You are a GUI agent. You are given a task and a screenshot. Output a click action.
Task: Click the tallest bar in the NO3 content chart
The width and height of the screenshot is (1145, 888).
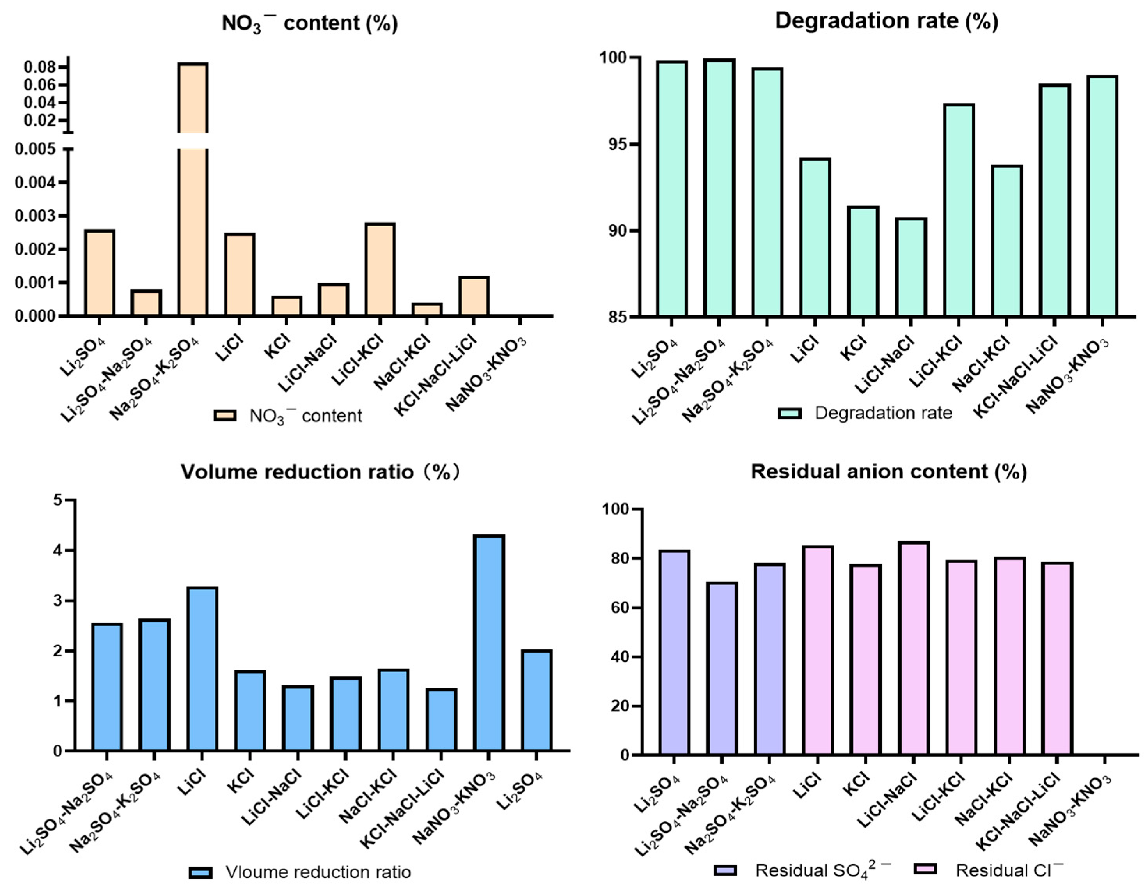(192, 189)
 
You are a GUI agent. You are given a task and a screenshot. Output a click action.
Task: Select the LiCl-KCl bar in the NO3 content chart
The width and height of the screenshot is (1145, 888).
(380, 269)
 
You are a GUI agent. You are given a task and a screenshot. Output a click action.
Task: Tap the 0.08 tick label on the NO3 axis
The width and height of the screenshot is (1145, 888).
(39, 67)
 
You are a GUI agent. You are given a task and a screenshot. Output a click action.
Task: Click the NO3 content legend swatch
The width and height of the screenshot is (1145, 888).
(225, 416)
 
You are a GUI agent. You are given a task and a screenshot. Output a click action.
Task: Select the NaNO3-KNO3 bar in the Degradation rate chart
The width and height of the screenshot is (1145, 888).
(1102, 196)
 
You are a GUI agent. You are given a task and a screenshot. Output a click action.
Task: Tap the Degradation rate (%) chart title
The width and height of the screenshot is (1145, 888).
(886, 21)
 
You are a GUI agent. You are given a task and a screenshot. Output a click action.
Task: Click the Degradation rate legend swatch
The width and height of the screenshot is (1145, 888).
(790, 413)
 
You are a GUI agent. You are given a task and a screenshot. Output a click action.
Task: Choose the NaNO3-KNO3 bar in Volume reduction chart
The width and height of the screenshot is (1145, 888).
(488, 643)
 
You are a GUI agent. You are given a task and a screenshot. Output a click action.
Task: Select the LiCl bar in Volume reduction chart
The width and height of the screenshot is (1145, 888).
(202, 669)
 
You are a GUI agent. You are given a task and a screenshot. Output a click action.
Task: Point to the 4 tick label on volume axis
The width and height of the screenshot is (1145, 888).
(58, 550)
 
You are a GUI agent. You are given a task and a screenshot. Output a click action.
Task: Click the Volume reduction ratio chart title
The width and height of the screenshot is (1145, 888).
(321, 472)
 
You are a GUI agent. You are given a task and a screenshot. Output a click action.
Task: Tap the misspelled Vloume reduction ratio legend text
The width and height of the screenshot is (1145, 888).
(318, 872)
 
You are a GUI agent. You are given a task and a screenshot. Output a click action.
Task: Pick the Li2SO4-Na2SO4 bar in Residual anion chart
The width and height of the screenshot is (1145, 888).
(722, 669)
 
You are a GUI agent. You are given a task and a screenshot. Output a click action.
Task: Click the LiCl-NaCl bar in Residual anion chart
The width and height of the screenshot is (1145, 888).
(914, 649)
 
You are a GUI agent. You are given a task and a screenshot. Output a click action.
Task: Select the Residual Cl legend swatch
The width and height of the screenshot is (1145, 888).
(925, 870)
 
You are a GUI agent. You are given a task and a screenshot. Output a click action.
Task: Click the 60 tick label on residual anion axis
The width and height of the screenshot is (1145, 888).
(620, 608)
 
